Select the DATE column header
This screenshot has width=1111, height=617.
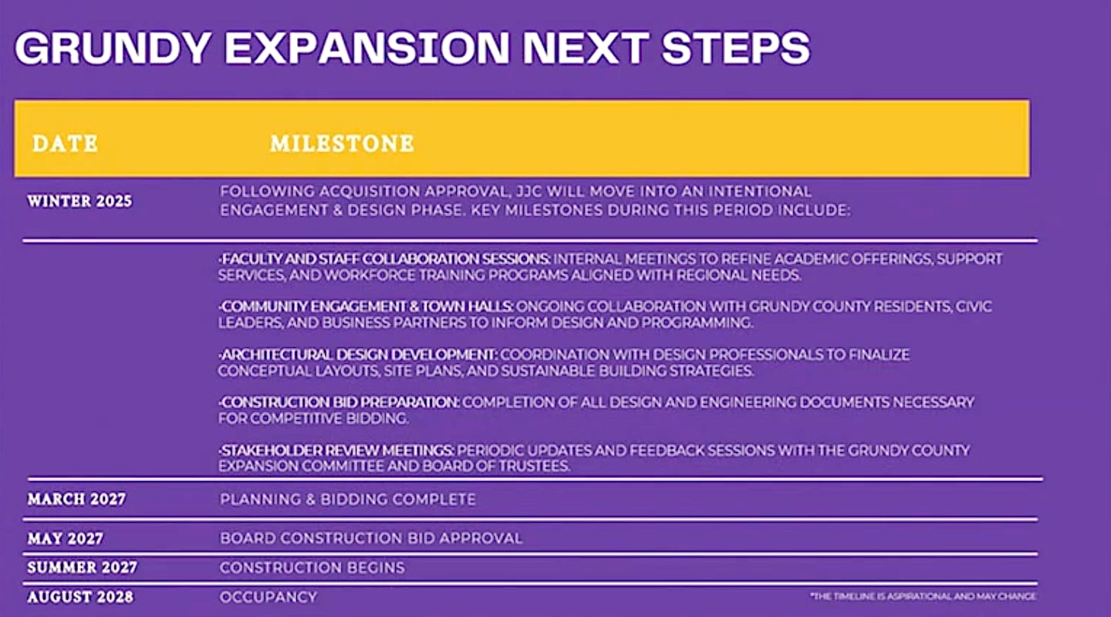[65, 144]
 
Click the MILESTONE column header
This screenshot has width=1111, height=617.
[342, 144]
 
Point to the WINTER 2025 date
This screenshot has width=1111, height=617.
[79, 202]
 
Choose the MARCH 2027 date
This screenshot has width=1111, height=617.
[76, 500]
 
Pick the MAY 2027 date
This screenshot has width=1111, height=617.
[65, 538]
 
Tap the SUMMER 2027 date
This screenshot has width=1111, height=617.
[82, 568]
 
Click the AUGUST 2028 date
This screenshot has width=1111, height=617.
[80, 597]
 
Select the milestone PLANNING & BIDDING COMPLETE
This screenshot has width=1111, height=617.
[347, 500]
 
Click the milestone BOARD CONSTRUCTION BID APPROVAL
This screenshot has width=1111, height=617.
[370, 538]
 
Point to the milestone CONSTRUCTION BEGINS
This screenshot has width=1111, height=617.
[312, 568]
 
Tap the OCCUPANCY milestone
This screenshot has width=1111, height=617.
[268, 597]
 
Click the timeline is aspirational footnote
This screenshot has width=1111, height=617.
[923, 597]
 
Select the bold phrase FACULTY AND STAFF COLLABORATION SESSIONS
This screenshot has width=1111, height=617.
[385, 259]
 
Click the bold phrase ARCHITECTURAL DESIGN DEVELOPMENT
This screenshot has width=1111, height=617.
[358, 354]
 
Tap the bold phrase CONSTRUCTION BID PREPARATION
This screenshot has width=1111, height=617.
[339, 402]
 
